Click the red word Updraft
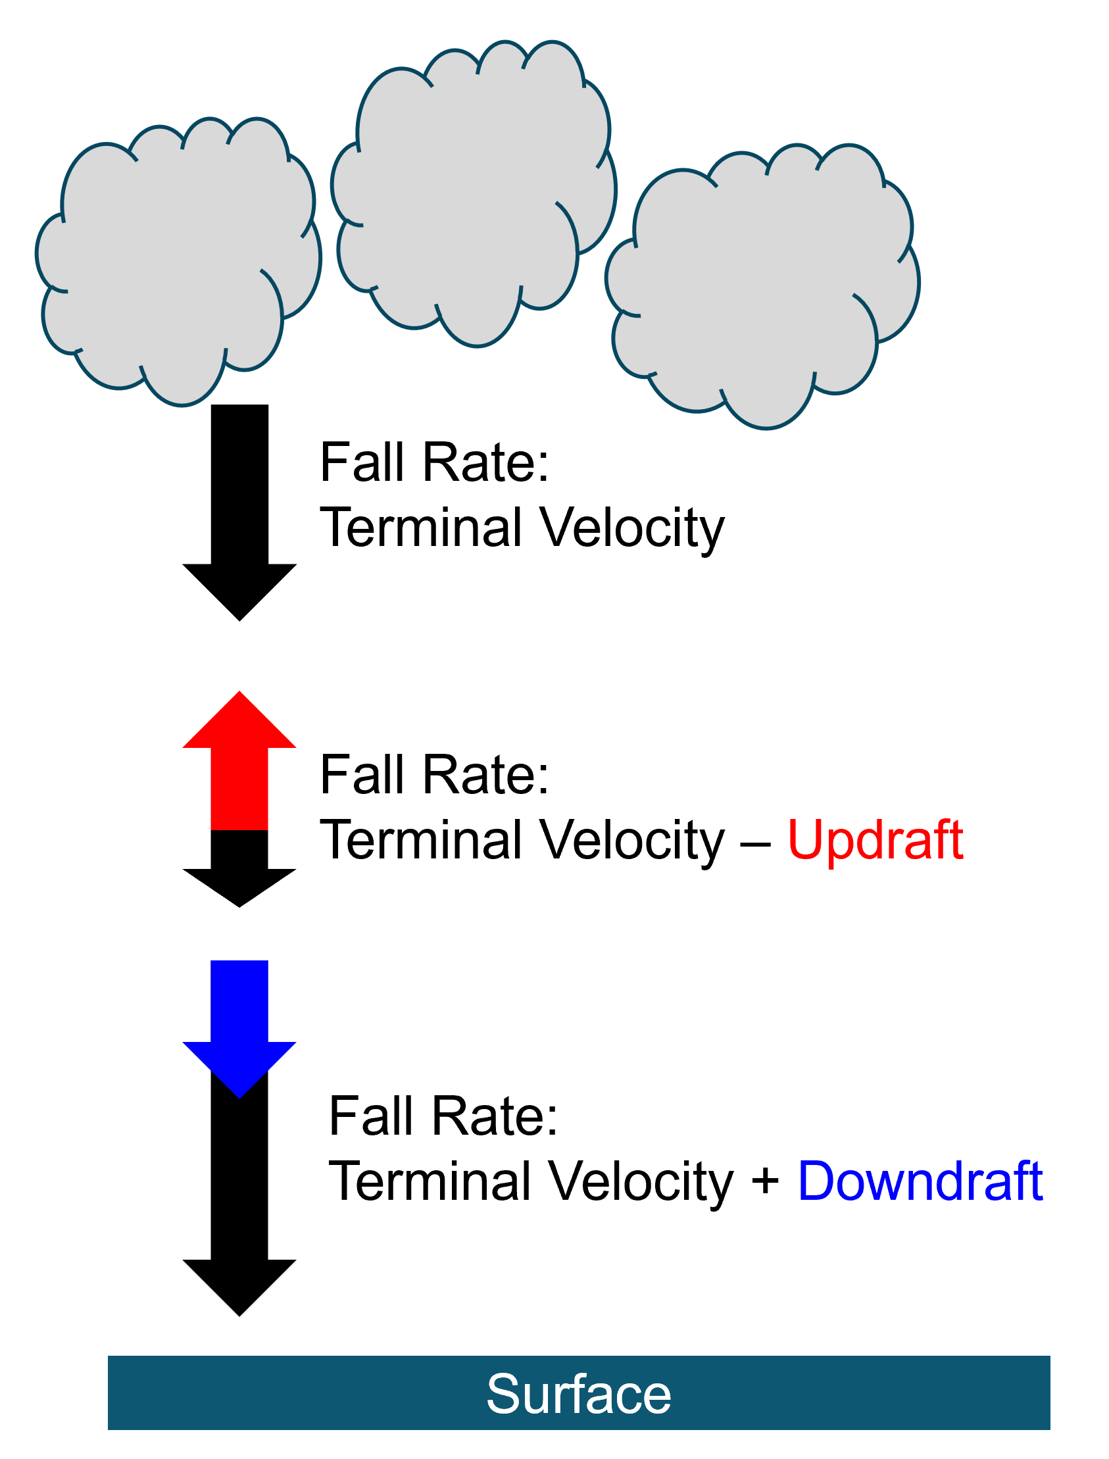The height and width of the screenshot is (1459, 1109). pos(875,841)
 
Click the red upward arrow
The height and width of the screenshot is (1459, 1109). pos(239,760)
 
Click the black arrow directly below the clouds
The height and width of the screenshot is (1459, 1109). pos(239,513)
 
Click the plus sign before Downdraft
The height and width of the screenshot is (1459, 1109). pos(766,1181)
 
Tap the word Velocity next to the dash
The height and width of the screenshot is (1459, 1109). pos(631,841)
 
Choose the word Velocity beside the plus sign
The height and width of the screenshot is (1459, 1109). pos(641,1181)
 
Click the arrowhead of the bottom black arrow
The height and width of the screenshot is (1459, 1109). pos(239,1288)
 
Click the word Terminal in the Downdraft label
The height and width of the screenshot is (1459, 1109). pos(430,1181)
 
